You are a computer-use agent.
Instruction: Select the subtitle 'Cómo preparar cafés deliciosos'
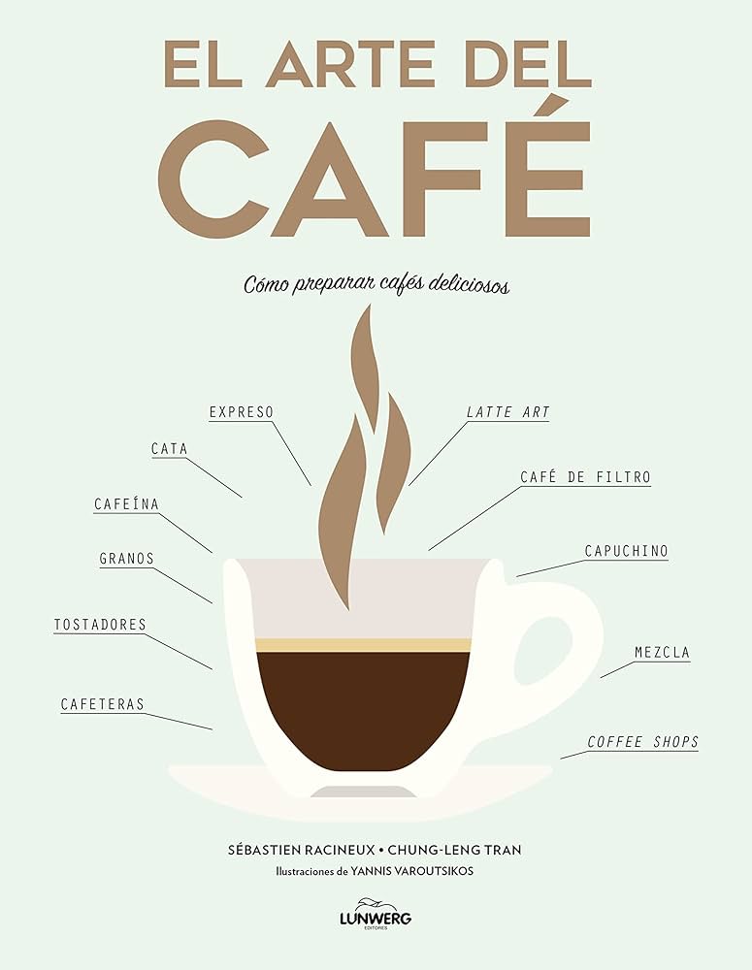(x=376, y=285)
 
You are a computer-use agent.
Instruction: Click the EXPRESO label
(x=242, y=412)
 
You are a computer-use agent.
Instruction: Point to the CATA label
(x=169, y=449)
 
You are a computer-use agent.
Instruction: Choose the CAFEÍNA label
(x=126, y=504)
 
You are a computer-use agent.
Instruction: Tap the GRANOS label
(x=126, y=559)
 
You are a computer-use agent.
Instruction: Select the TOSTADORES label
(x=100, y=625)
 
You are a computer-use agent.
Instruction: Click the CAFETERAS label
(x=102, y=704)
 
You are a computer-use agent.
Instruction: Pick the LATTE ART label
(x=507, y=412)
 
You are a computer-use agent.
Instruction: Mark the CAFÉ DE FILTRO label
(x=584, y=477)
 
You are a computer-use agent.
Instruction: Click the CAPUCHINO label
(x=626, y=551)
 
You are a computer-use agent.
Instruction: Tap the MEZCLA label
(x=662, y=653)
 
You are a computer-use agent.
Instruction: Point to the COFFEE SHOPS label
(x=642, y=742)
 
